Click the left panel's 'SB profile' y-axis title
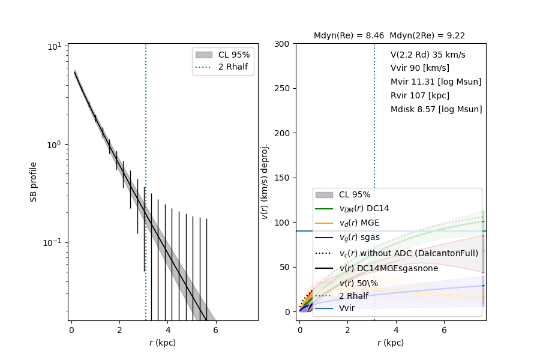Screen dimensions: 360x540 pos(34,182)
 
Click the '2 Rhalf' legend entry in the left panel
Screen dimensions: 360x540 pos(233,67)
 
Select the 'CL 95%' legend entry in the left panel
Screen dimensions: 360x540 pos(234,55)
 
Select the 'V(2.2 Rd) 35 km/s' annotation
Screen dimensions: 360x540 pos(427,55)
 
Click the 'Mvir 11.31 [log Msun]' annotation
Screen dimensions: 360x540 pos(436,82)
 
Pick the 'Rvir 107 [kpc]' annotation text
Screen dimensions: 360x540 pos(419,95)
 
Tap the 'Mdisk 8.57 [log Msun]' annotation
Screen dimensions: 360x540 pos(436,109)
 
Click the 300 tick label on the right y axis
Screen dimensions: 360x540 pos(284,44)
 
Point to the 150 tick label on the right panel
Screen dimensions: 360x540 pos(284,178)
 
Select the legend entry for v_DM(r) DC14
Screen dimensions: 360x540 pos(364,208)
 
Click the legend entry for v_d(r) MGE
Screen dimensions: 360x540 pos(359,223)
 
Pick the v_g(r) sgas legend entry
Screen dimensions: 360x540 pos(359,238)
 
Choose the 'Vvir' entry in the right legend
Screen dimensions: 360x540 pos(347,308)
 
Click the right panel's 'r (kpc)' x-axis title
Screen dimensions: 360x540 pos(390,343)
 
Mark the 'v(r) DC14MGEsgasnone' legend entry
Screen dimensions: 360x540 pos(388,268)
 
